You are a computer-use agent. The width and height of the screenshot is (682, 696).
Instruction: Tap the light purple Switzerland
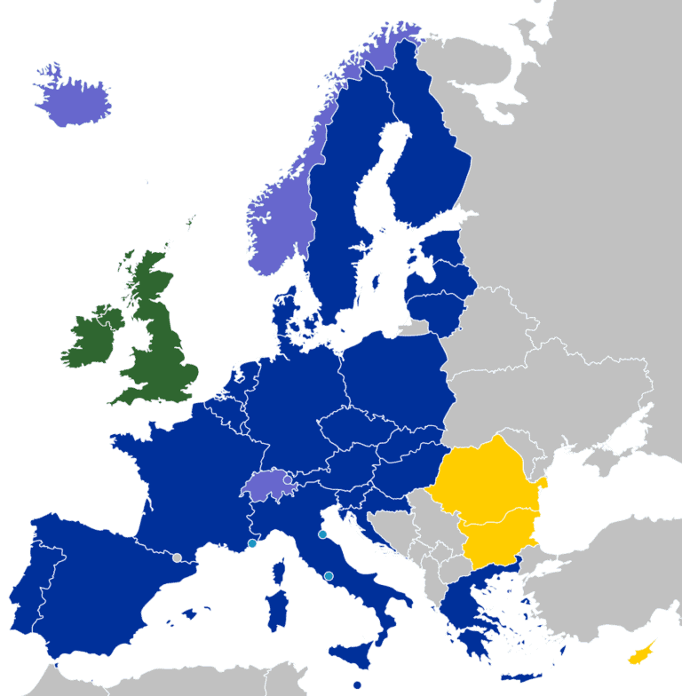[269, 485]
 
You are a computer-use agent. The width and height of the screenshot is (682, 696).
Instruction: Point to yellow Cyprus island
[640, 654]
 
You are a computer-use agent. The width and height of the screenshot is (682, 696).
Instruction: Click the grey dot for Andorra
[178, 558]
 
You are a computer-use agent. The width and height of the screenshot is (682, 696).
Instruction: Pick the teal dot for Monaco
[252, 543]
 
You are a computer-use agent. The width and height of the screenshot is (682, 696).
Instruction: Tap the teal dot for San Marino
[322, 534]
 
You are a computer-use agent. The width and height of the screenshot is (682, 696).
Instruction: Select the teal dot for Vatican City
[329, 577]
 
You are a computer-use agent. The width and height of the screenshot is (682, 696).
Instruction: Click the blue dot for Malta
[356, 685]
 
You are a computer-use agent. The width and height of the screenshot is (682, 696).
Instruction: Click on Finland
[426, 151]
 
